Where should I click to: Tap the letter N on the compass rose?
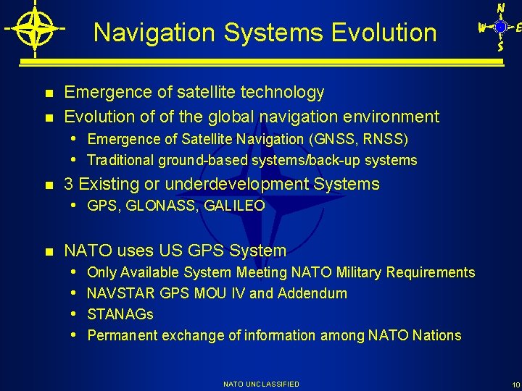tap(500, 8)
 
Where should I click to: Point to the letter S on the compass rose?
tap(500, 46)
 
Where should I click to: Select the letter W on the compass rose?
tap(481, 28)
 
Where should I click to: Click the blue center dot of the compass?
tap(500, 27)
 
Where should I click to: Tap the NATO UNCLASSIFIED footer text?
tap(261, 384)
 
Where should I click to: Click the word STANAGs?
tap(120, 314)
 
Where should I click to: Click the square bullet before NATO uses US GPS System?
tap(49, 252)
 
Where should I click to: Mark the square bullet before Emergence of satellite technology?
tap(49, 93)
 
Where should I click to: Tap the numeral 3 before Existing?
tap(69, 184)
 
